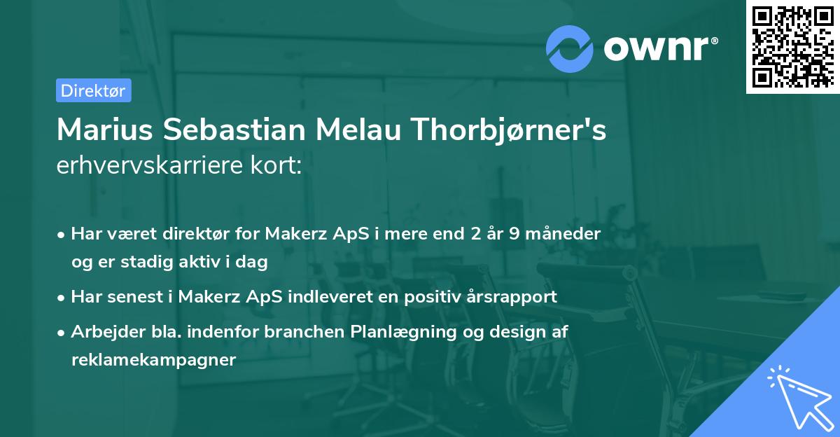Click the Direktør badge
tap(93, 90)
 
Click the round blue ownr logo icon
tap(570, 49)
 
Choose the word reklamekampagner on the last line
tap(153, 360)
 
